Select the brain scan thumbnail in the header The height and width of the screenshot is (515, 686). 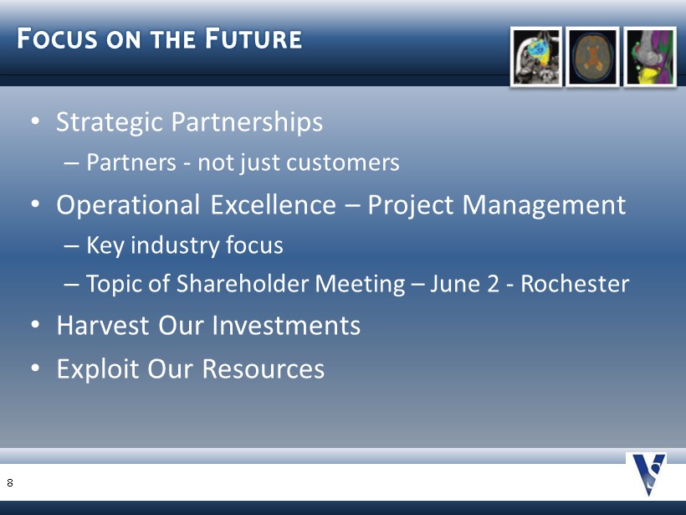click(592, 57)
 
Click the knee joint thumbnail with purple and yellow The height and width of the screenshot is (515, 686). click(650, 57)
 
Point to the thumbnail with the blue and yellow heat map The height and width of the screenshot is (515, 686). click(536, 57)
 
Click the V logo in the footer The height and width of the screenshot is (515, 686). click(648, 475)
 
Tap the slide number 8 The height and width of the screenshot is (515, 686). click(10, 482)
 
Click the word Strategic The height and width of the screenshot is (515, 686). click(110, 122)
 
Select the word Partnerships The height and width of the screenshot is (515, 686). click(247, 122)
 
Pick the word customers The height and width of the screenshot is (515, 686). click(342, 162)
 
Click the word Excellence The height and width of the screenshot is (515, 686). click(273, 204)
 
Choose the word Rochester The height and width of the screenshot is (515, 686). click(575, 283)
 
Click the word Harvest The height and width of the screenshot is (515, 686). click(103, 326)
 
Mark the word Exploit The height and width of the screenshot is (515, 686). click(98, 369)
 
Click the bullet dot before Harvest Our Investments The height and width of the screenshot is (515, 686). click(35, 325)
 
